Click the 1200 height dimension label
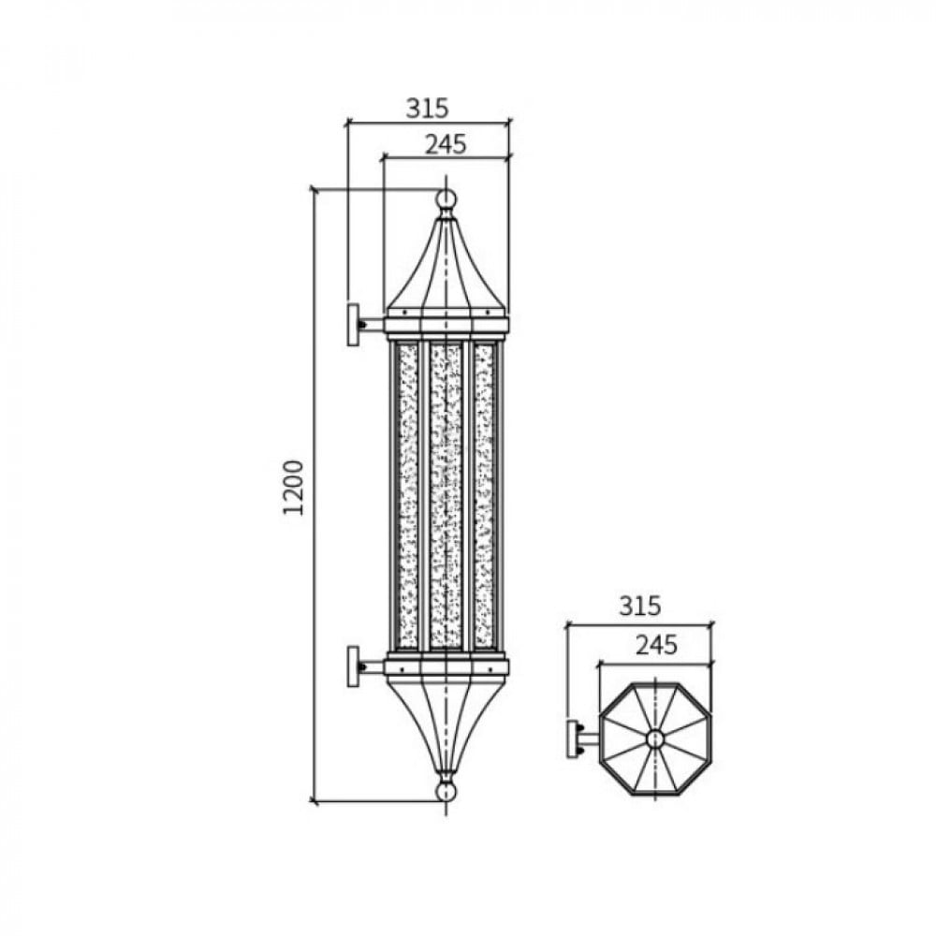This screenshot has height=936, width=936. click(x=293, y=487)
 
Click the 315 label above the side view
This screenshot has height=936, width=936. click(x=427, y=109)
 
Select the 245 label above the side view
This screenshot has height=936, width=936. click(x=446, y=144)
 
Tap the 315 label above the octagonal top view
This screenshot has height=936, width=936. click(x=640, y=606)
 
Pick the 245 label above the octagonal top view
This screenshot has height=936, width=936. click(x=656, y=645)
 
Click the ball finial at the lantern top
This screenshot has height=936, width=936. click(x=446, y=198)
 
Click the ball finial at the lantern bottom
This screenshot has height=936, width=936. click(x=446, y=792)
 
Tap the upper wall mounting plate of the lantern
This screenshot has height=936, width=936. click(x=354, y=324)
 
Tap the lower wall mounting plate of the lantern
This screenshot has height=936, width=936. click(x=354, y=666)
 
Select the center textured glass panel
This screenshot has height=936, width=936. click(x=446, y=495)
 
